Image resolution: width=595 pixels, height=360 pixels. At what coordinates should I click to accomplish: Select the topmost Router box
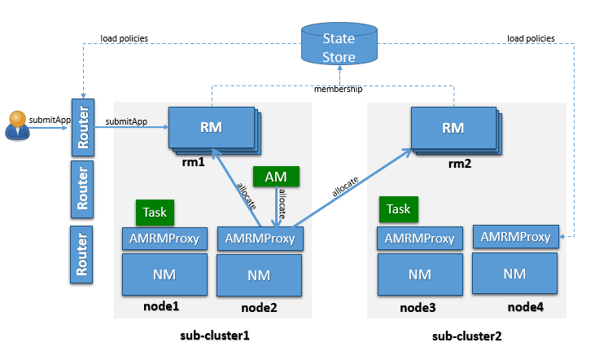click(x=81, y=129)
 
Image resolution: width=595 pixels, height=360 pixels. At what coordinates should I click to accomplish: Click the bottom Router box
click(x=81, y=254)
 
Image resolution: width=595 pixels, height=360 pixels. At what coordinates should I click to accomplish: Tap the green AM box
click(x=276, y=176)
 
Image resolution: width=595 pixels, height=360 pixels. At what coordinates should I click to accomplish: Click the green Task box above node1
click(x=155, y=212)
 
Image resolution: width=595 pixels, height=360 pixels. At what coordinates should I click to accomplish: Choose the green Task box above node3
click(x=398, y=209)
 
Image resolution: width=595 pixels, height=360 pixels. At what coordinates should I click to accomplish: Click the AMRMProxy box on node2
click(x=260, y=239)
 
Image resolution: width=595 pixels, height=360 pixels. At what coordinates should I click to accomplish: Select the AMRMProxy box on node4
click(x=515, y=237)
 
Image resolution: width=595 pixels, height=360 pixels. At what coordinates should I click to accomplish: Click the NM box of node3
click(x=419, y=274)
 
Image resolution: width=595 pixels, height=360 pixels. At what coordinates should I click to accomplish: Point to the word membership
click(x=338, y=88)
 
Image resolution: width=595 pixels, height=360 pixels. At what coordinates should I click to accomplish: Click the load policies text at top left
click(x=124, y=38)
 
